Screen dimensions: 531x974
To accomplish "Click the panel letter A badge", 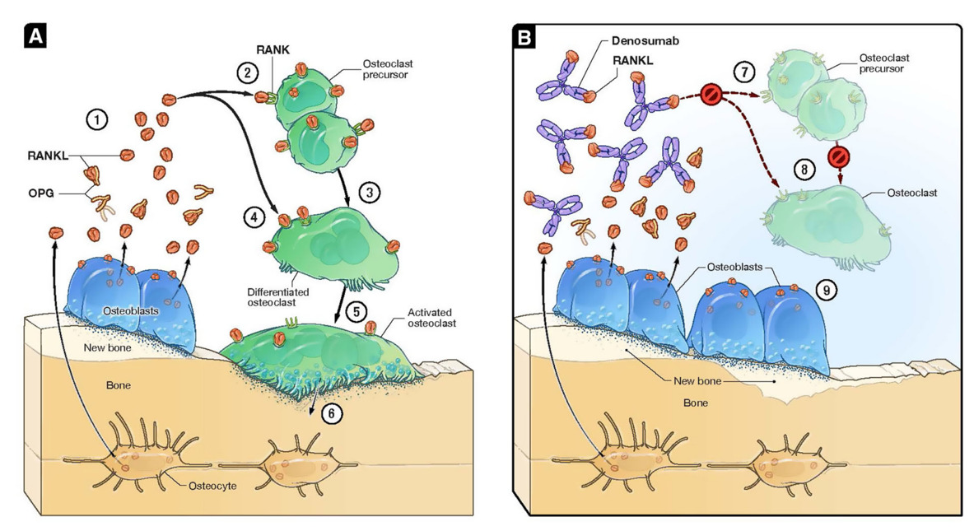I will click(35, 35).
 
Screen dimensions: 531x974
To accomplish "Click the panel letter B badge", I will click(523, 35).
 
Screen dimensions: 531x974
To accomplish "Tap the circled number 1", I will click(97, 119).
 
